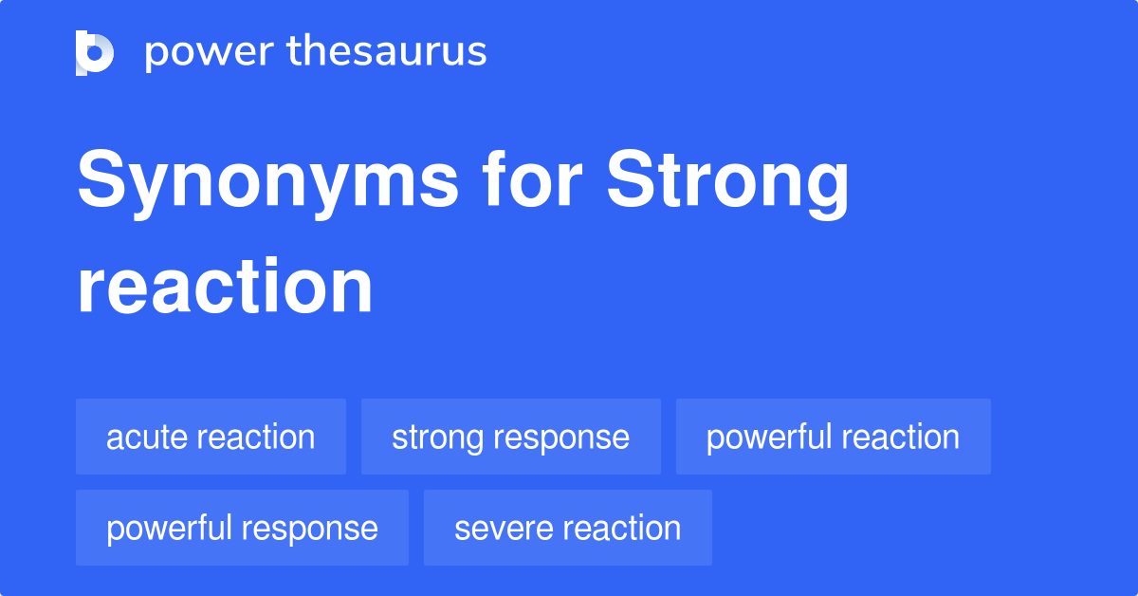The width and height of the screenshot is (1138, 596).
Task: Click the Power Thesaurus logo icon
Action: pyautogui.click(x=95, y=52)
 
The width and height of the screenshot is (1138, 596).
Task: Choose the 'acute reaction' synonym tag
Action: pyautogui.click(x=211, y=437)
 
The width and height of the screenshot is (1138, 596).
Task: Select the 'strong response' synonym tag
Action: pyautogui.click(x=510, y=437)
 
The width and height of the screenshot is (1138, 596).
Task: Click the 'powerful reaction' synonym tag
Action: pyautogui.click(x=833, y=437)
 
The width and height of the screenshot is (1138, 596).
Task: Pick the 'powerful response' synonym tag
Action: pyautogui.click(x=242, y=528)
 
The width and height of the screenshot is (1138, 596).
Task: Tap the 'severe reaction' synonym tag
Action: pyautogui.click(x=567, y=528)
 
